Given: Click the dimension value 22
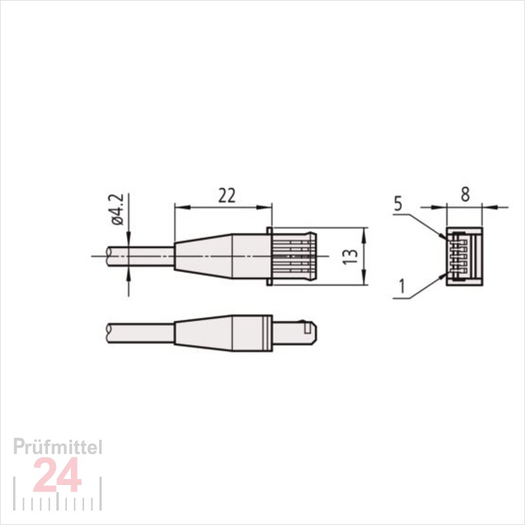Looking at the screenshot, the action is [226, 196].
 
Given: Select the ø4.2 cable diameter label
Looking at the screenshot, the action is [118, 209].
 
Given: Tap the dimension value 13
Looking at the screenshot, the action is [351, 257].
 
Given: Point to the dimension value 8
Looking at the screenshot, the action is [465, 195].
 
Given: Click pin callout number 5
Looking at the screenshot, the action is [398, 204].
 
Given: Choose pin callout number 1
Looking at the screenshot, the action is [402, 287].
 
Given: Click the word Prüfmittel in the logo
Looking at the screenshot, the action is [58, 447].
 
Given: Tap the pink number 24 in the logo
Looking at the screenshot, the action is [58, 474].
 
